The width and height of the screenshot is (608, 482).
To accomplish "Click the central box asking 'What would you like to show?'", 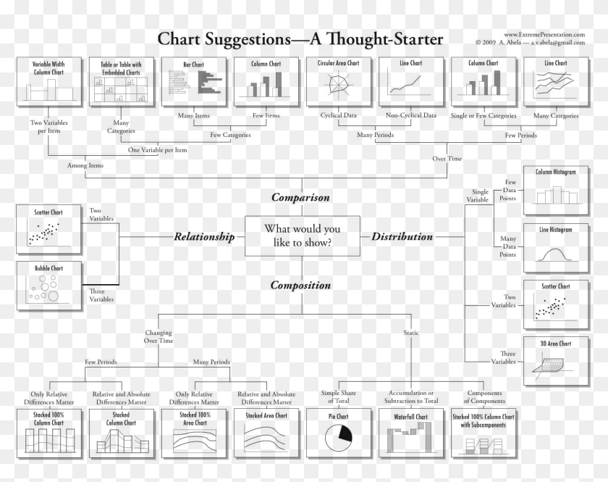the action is coord(303,236).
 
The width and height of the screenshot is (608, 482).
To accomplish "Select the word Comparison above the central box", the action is coord(300,197).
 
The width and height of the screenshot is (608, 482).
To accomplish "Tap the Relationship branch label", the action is coord(204,236).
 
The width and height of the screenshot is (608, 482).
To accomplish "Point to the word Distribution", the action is coord(402,236).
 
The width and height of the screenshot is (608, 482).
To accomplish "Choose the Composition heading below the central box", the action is coord(300,285).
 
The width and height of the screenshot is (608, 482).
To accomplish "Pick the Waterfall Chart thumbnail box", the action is coord(411,433).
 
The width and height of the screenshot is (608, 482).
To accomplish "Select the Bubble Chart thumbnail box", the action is coord(49,286).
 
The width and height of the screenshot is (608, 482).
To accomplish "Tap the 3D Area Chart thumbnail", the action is coord(556,361).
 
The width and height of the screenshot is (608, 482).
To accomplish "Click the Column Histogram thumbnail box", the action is coord(556,191).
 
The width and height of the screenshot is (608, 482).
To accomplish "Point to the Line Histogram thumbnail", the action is coord(556,248).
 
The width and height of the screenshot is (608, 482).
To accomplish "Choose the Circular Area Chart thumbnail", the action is coord(339,82).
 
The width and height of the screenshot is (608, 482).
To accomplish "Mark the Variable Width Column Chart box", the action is coord(49,82).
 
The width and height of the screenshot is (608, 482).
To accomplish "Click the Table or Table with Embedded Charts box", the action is coord(122,82).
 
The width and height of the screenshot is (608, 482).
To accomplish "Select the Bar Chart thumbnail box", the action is coord(194,82).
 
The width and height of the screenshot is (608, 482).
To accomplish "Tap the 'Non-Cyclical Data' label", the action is coord(411,115).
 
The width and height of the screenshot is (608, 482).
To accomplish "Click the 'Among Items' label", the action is coord(85,165).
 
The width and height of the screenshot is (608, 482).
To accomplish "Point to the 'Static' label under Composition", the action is coord(411,333).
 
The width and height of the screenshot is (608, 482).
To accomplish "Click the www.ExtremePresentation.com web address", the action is coord(544,35).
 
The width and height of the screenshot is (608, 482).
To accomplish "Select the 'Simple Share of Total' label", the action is coord(339,396).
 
